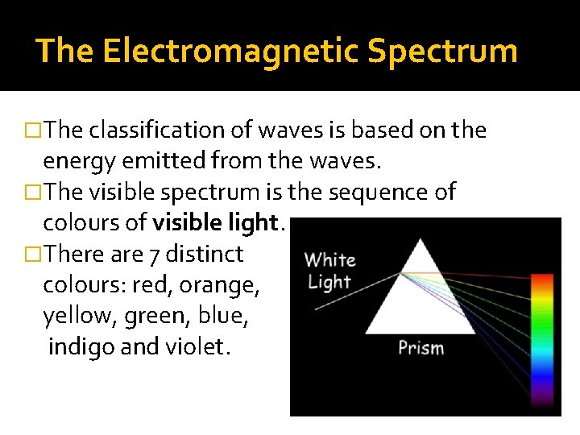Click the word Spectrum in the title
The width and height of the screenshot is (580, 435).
(442, 51)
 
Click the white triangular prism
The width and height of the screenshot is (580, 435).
(419, 294)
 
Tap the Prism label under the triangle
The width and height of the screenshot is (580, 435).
(420, 349)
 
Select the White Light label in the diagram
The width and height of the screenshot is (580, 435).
(329, 271)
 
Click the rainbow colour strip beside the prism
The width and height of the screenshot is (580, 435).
(541, 338)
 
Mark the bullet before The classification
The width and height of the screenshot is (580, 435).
(35, 130)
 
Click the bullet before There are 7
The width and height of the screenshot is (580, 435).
(35, 255)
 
